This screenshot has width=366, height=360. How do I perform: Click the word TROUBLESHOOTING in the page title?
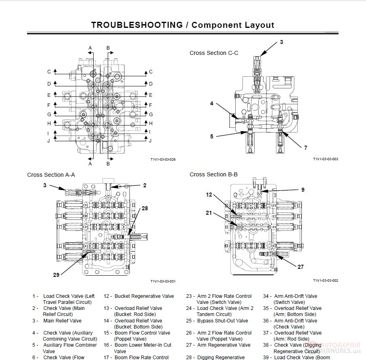[136, 25]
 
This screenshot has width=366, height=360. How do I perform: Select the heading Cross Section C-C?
[213, 53]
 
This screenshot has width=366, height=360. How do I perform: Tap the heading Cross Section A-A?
[51, 175]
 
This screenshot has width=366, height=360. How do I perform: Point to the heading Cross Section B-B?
[213, 174]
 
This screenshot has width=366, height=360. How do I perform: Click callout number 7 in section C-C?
[305, 148]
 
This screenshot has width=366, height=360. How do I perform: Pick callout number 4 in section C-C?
[211, 104]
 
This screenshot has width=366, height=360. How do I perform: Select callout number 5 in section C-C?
[211, 136]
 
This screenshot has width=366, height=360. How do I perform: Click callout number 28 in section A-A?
[144, 209]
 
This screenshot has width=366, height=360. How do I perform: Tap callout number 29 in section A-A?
[56, 275]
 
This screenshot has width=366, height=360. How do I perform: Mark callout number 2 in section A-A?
[144, 186]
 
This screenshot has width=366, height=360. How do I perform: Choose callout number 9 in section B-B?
[303, 190]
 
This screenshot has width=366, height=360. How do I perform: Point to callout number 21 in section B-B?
[209, 213]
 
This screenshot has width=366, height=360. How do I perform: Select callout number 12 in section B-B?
[209, 195]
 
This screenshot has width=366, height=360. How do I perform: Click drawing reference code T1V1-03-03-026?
[163, 159]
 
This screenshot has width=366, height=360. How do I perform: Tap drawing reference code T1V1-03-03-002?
[325, 280]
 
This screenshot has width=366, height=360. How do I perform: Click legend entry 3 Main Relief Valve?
[62, 321]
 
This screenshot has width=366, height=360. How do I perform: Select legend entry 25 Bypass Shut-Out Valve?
[222, 321]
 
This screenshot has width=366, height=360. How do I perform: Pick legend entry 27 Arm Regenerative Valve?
[223, 345]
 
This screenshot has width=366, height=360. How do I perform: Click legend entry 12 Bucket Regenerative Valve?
[144, 296]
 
